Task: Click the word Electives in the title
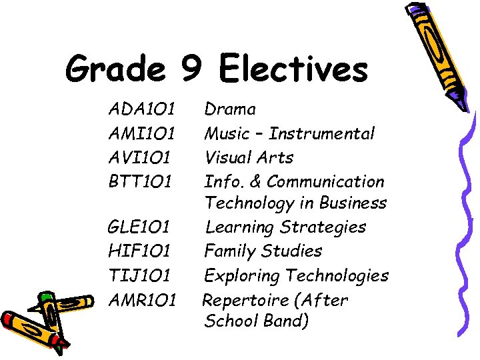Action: (x=293, y=69)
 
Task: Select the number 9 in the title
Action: (x=189, y=69)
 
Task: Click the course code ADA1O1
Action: (x=141, y=109)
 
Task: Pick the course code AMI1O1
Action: (x=141, y=133)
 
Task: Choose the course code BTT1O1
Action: (x=141, y=181)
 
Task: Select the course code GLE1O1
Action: (x=141, y=227)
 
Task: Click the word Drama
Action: (x=230, y=109)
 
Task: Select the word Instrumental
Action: (x=323, y=133)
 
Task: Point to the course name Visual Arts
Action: (x=249, y=157)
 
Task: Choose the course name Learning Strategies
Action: (x=285, y=227)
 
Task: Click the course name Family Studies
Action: (x=263, y=251)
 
